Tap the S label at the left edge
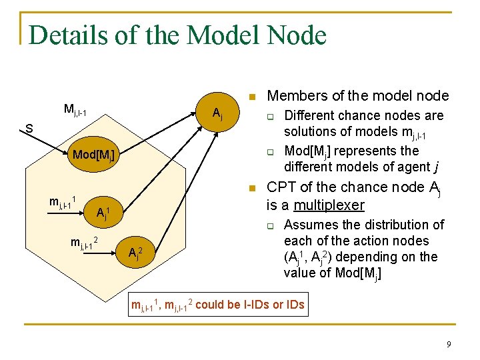point(29,129)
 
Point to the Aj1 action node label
point(102,213)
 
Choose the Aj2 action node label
point(134,253)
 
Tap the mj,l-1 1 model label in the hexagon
point(66,201)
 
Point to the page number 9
point(449,344)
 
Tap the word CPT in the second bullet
point(279,187)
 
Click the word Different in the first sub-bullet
point(309,115)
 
